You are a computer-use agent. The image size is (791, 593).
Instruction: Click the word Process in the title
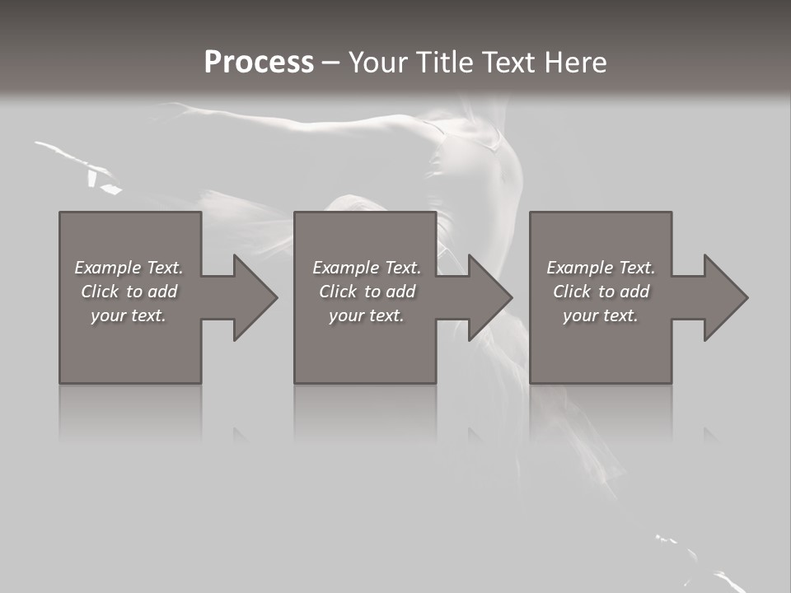259,63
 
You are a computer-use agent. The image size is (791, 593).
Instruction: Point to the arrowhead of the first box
252,297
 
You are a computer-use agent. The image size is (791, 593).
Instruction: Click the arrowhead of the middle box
488,297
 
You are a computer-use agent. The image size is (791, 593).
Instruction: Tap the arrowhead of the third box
723,297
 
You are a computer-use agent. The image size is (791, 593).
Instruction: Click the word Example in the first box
107,268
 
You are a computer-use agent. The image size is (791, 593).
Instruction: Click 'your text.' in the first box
129,315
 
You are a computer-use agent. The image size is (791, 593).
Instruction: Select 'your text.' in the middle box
367,315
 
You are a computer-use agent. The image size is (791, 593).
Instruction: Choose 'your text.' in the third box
601,315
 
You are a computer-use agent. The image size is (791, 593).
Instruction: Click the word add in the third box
634,292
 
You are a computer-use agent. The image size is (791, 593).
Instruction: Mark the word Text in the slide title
508,63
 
